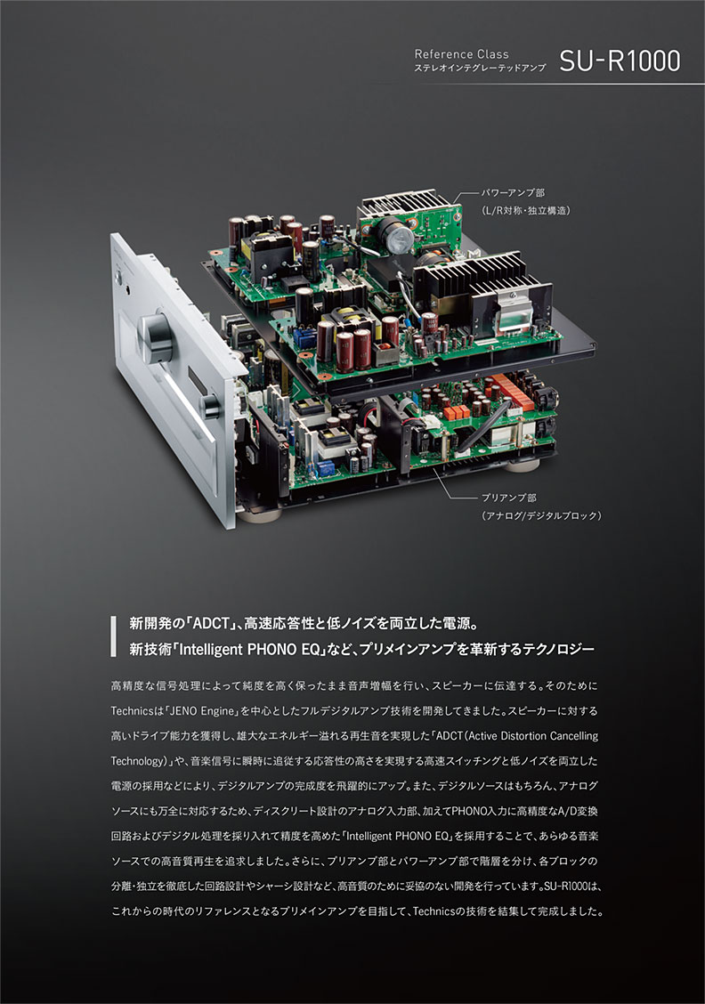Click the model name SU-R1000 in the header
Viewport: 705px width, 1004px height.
pyautogui.click(x=620, y=61)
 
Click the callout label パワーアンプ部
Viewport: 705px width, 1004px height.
pyautogui.click(x=509, y=192)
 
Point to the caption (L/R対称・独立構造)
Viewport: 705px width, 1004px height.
pyautogui.click(x=525, y=210)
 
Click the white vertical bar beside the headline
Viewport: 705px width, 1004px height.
pyautogui.click(x=113, y=636)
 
